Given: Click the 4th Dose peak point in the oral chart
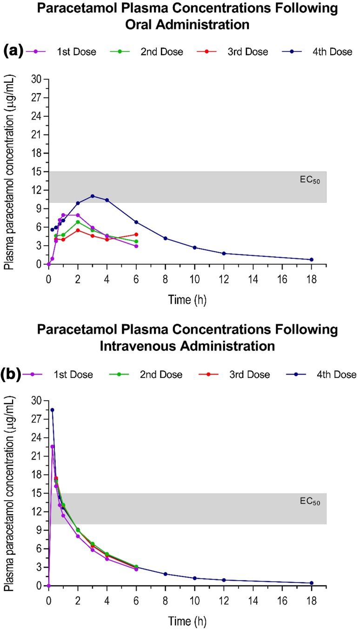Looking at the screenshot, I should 93,196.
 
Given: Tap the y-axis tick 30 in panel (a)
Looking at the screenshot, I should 36,80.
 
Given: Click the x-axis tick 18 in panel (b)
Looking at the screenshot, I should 312,597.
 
